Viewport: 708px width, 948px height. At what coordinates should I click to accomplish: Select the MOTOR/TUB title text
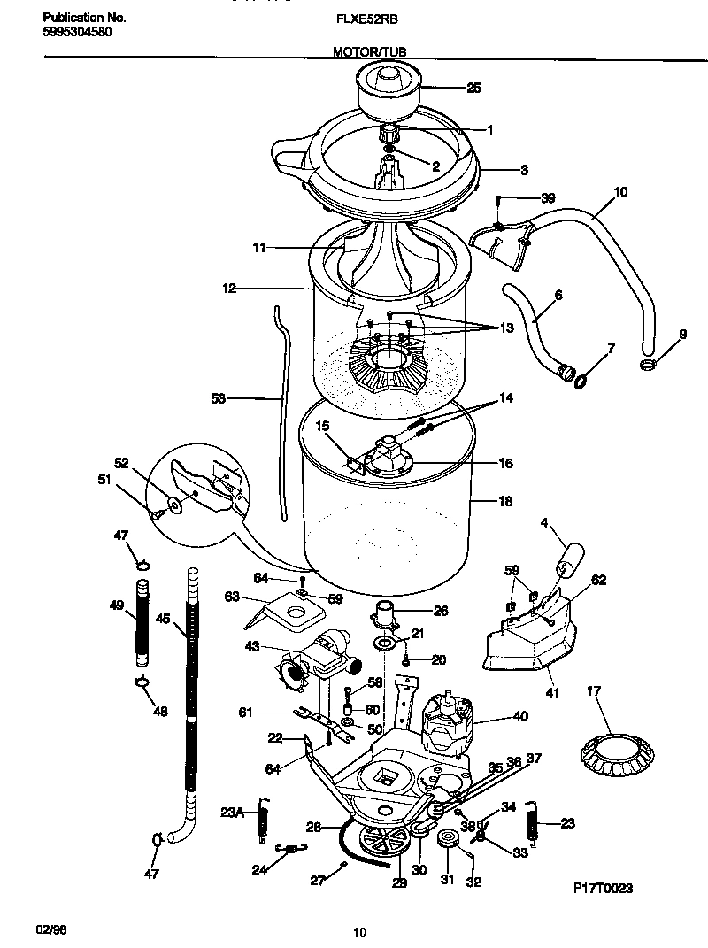(x=369, y=52)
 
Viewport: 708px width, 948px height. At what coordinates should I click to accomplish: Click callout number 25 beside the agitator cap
(x=473, y=88)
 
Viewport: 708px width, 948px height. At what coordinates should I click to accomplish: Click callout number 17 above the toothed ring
(x=593, y=690)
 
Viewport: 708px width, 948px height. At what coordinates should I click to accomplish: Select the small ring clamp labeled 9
(x=648, y=364)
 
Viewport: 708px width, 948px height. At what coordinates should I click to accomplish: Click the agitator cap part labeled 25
(x=388, y=89)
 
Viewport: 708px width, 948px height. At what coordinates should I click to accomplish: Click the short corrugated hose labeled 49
(x=141, y=621)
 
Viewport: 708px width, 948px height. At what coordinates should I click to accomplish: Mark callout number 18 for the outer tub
(x=505, y=501)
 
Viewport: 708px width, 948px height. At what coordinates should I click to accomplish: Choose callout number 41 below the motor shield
(x=552, y=692)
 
